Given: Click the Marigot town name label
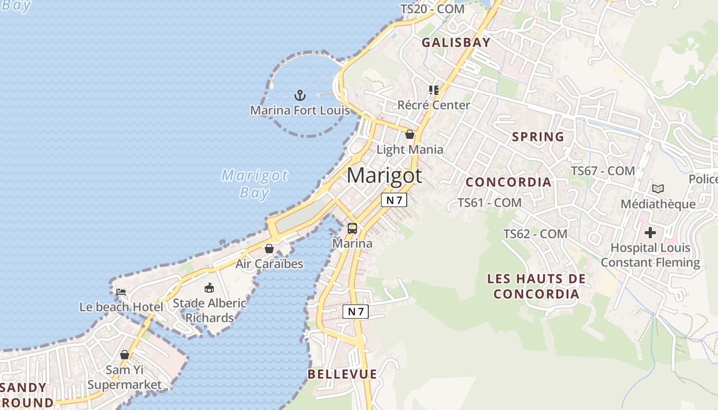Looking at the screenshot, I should click(385, 176).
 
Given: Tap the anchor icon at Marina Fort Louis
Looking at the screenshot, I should click(300, 95).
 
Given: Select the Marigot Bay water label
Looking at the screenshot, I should click(255, 184).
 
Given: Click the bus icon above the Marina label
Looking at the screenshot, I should click(352, 229).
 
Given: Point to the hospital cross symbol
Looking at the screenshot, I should click(650, 233).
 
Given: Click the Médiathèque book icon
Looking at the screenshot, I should click(658, 189).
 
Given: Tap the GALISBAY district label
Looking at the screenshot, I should click(456, 43).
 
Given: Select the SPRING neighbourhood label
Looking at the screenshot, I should click(538, 137).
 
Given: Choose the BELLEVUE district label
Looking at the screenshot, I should click(342, 375).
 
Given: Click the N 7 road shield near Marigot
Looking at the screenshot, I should click(394, 200).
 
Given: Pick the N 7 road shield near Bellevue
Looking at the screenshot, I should click(355, 311).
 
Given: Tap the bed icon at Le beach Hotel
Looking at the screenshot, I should click(121, 292).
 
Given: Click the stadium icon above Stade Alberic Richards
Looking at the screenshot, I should click(209, 288).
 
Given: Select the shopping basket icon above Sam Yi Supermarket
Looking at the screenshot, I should click(125, 355).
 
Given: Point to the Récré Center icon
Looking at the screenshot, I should click(434, 90).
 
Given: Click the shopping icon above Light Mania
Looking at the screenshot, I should click(410, 134).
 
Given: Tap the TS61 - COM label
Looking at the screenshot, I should click(489, 203).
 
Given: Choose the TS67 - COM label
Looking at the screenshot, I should click(603, 171).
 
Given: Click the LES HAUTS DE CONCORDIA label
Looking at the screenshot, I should click(536, 286).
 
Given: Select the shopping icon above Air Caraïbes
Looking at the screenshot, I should click(269, 249).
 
